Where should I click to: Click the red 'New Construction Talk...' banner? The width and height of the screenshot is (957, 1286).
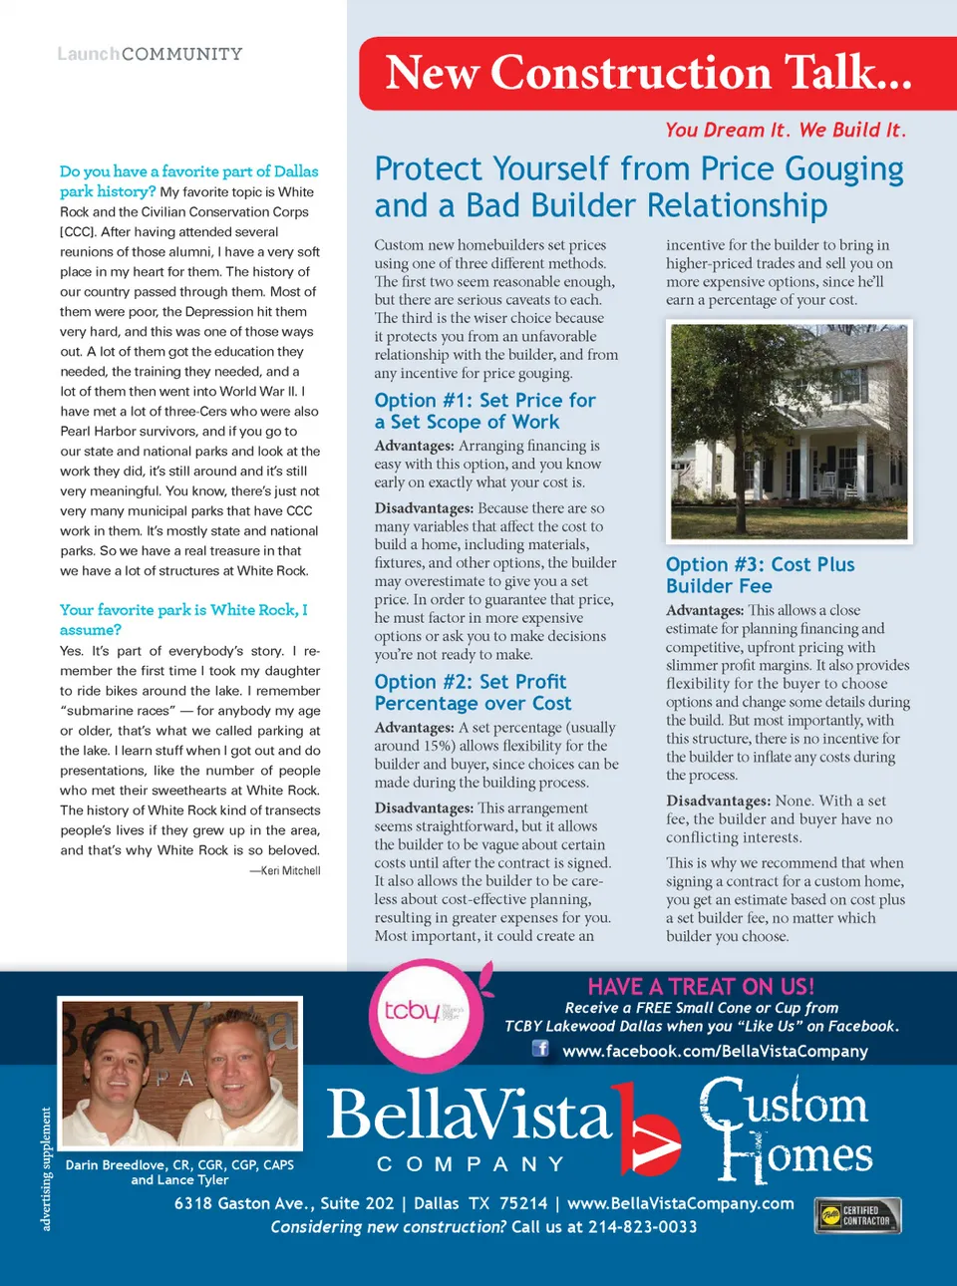click(x=648, y=74)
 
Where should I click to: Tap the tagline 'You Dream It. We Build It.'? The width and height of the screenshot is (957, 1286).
click(x=785, y=130)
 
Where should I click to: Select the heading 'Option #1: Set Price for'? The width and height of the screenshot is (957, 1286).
click(x=484, y=401)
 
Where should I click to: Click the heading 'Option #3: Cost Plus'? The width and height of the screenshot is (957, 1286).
click(x=760, y=564)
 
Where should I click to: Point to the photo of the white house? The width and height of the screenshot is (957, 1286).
click(x=789, y=431)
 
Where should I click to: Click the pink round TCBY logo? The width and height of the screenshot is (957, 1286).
click(x=426, y=1015)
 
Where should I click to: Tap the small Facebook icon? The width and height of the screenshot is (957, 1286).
click(x=540, y=1048)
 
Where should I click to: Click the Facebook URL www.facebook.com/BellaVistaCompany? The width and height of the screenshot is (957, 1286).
click(x=715, y=1051)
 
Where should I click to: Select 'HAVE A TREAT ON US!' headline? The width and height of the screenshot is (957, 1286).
click(x=701, y=986)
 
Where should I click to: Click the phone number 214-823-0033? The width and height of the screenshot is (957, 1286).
click(x=642, y=1227)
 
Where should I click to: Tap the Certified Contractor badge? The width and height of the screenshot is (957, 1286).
click(x=857, y=1215)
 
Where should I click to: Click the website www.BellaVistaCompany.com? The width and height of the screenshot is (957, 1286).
click(x=680, y=1203)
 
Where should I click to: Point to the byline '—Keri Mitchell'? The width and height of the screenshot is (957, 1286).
click(x=285, y=870)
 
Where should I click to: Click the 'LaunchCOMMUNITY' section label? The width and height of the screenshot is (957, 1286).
click(x=150, y=54)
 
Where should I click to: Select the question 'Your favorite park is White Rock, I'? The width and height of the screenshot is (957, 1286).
click(x=183, y=610)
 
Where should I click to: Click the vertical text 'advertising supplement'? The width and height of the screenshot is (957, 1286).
click(x=46, y=1168)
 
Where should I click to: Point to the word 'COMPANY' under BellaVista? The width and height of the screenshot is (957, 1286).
click(x=471, y=1163)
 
